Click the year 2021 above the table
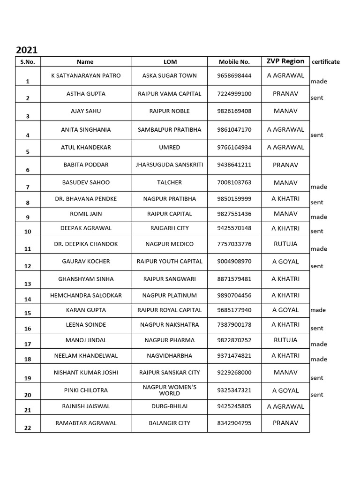pyautogui.click(x=27, y=50)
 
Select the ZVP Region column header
pyautogui.click(x=285, y=61)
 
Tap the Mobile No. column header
pyautogui.click(x=234, y=61)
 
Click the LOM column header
pyautogui.click(x=170, y=61)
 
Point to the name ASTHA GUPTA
pyautogui.click(x=86, y=94)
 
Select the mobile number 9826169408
pyautogui.click(x=234, y=111)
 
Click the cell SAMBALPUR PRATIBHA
pyautogui.click(x=170, y=129)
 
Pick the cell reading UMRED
pyautogui.click(x=170, y=147)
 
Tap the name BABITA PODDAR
pyautogui.click(x=86, y=165)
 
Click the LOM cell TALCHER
pyautogui.click(x=170, y=182)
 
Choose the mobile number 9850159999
pyautogui.click(x=234, y=199)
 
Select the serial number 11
pyautogui.click(x=28, y=249)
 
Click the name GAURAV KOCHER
pyautogui.click(x=86, y=262)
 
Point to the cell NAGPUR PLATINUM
pyautogui.click(x=170, y=295)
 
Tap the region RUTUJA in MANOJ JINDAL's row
pyautogui.click(x=285, y=340)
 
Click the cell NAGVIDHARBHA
pyautogui.click(x=170, y=356)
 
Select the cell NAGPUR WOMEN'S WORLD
pyautogui.click(x=170, y=390)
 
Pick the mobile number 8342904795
pyautogui.click(x=234, y=423)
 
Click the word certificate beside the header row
pyautogui.click(x=326, y=62)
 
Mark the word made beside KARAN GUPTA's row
pyautogui.click(x=318, y=310)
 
